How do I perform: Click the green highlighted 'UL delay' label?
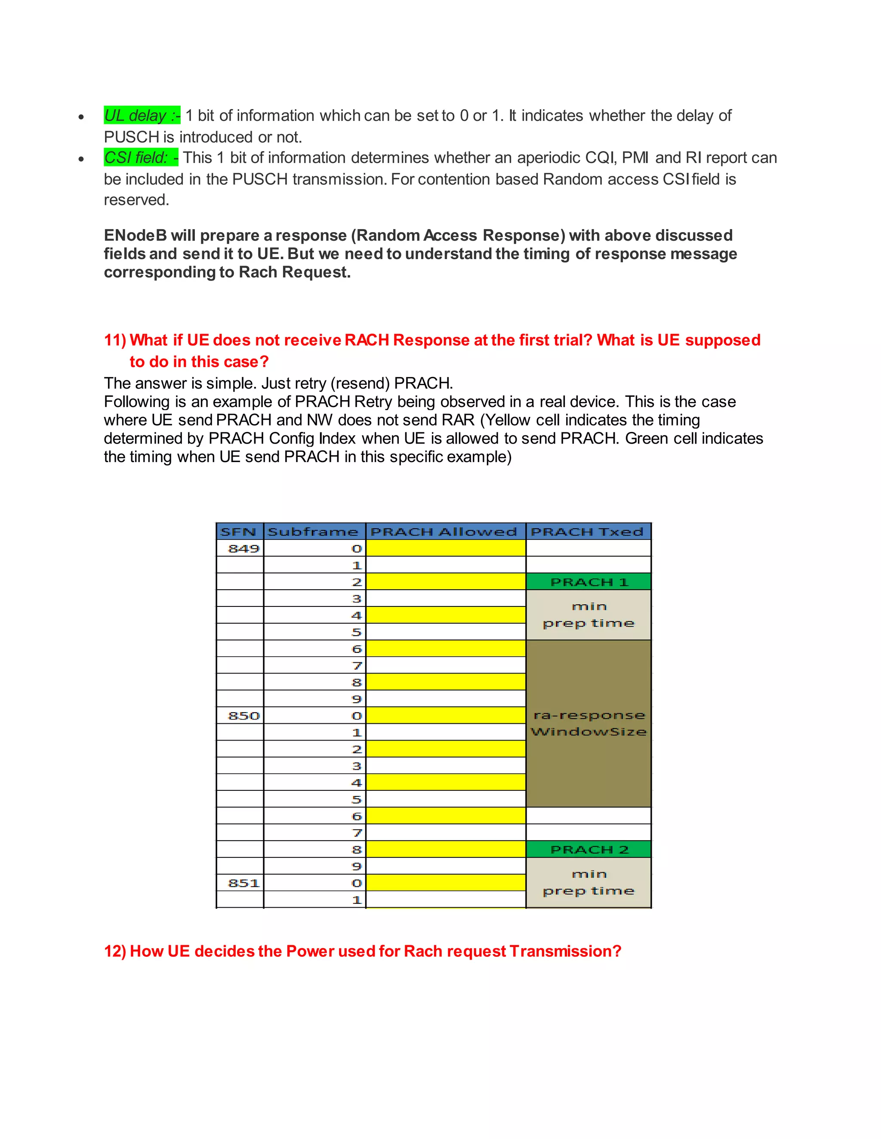tap(142, 115)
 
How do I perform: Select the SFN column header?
tap(239, 531)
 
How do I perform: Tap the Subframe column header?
tap(314, 531)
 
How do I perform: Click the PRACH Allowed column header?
tap(444, 531)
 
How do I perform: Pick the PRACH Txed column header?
tap(588, 531)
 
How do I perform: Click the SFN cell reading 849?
tap(243, 548)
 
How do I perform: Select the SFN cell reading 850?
tap(243, 716)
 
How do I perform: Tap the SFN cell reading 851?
tap(243, 883)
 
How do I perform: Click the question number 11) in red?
tap(115, 340)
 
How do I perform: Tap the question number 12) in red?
tap(115, 951)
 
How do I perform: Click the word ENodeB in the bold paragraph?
tap(135, 235)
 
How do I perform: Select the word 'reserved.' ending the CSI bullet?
tap(137, 200)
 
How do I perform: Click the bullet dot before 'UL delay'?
tap(81, 117)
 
